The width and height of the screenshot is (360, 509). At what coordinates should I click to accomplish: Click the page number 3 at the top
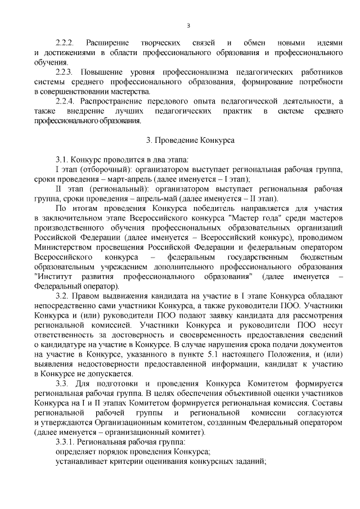(x=189, y=25)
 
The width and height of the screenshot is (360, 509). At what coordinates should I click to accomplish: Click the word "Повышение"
(x=103, y=73)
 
